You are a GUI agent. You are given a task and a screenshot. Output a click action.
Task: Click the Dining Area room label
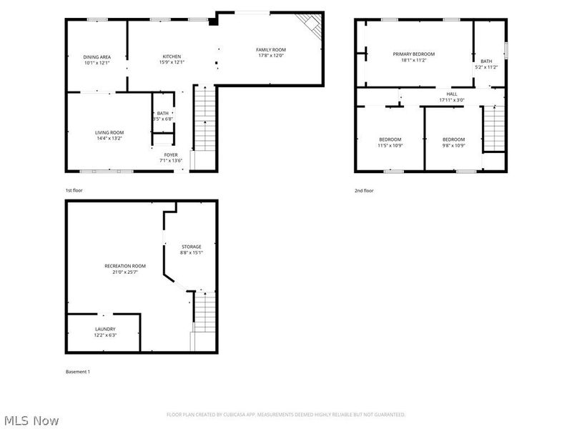[x=97, y=56]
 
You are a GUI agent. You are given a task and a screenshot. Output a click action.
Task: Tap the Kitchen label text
[x=172, y=56]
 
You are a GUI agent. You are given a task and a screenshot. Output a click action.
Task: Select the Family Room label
[x=271, y=49]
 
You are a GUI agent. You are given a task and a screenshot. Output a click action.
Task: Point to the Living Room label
[x=109, y=132]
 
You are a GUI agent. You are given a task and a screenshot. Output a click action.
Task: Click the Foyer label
[x=171, y=155]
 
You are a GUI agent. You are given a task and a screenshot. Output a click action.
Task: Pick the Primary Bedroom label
[x=413, y=54]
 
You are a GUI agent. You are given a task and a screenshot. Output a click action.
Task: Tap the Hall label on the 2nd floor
[x=452, y=94]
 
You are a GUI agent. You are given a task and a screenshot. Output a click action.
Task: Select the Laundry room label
[x=105, y=329]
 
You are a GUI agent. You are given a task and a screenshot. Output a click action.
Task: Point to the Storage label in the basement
[x=191, y=247]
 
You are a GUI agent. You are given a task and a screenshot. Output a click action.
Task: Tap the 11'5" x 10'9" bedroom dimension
[x=390, y=145]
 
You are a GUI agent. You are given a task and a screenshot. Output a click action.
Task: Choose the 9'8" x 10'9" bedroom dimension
[x=453, y=145]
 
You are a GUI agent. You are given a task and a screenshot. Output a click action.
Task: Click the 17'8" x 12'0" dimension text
[x=271, y=56]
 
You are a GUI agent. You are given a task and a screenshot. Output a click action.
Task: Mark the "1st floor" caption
[x=74, y=191]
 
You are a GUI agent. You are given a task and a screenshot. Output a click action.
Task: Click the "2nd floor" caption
[x=364, y=191]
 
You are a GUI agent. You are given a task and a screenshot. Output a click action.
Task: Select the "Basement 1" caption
[x=78, y=372]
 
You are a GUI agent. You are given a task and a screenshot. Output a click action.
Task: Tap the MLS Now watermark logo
[x=31, y=420]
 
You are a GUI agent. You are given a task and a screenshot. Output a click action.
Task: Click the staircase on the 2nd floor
[x=493, y=129]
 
